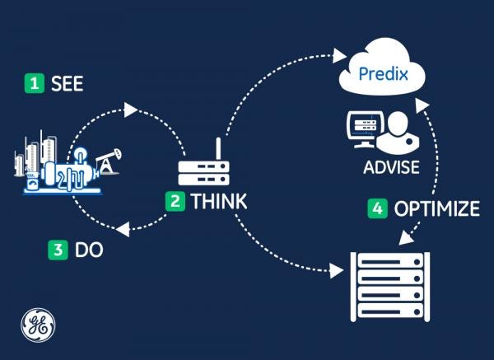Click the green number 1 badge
(x=34, y=83)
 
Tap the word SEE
(x=67, y=83)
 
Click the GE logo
(x=37, y=323)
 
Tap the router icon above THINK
(x=202, y=170)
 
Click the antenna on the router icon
(x=218, y=148)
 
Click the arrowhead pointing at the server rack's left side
(x=335, y=269)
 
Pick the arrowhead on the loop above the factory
(x=127, y=109)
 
